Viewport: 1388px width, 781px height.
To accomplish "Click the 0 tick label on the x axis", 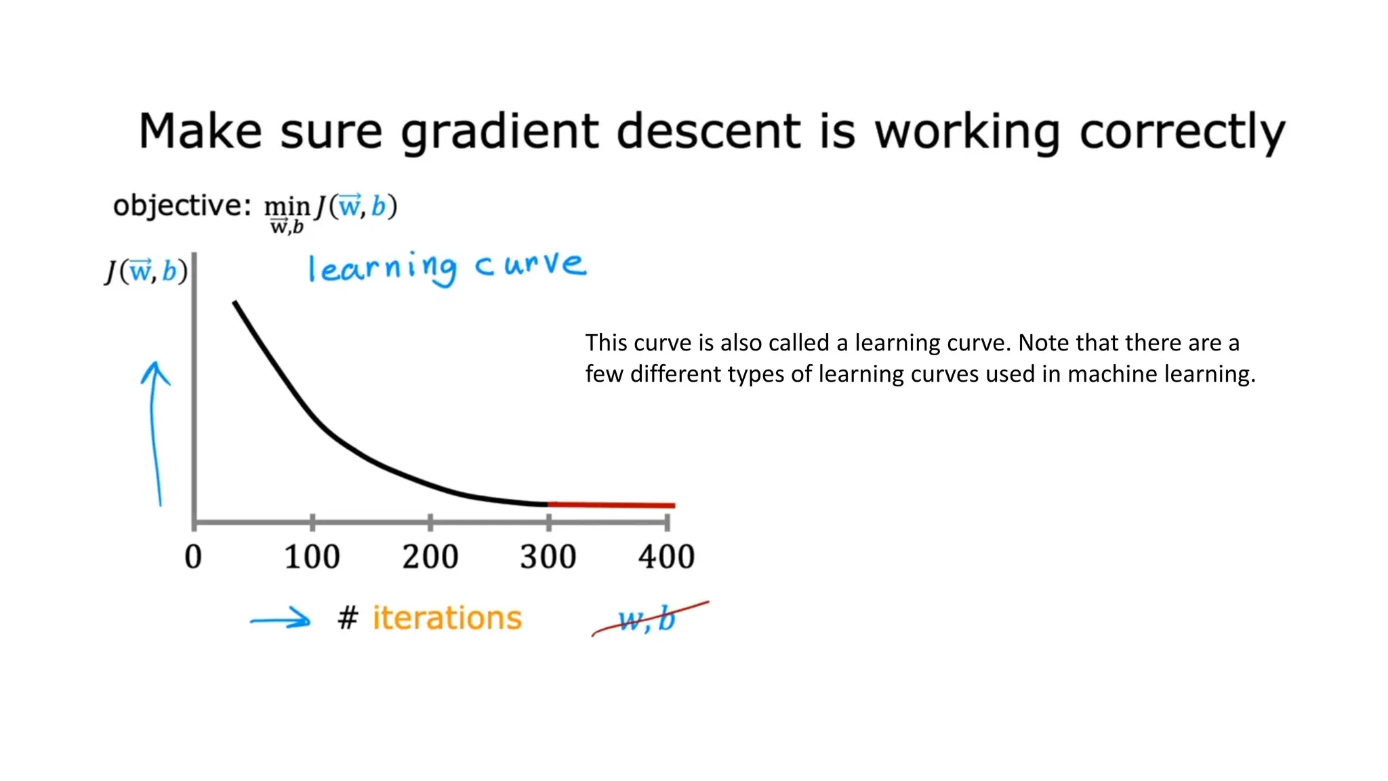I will pyautogui.click(x=193, y=557).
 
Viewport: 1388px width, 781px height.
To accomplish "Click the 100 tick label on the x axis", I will pyautogui.click(x=312, y=557).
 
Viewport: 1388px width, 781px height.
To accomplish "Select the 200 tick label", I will pyautogui.click(x=430, y=557).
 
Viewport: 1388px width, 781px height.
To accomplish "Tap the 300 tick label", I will pyautogui.click(x=548, y=557).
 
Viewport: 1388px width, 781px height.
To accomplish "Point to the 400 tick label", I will pyautogui.click(x=666, y=557).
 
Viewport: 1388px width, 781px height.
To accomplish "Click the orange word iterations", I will pyautogui.click(x=447, y=618).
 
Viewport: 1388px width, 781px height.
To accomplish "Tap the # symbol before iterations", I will pyautogui.click(x=348, y=618).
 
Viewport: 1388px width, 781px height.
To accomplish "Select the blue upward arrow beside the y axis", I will pyautogui.click(x=155, y=434).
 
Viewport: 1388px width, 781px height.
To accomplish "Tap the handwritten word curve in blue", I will pyautogui.click(x=530, y=264).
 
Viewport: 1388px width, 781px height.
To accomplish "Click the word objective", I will pyautogui.click(x=177, y=205).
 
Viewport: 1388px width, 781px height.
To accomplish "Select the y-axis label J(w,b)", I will pyautogui.click(x=146, y=271).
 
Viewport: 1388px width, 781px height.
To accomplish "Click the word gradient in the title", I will pyautogui.click(x=499, y=132).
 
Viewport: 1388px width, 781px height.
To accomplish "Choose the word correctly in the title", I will pyautogui.click(x=1182, y=132).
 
